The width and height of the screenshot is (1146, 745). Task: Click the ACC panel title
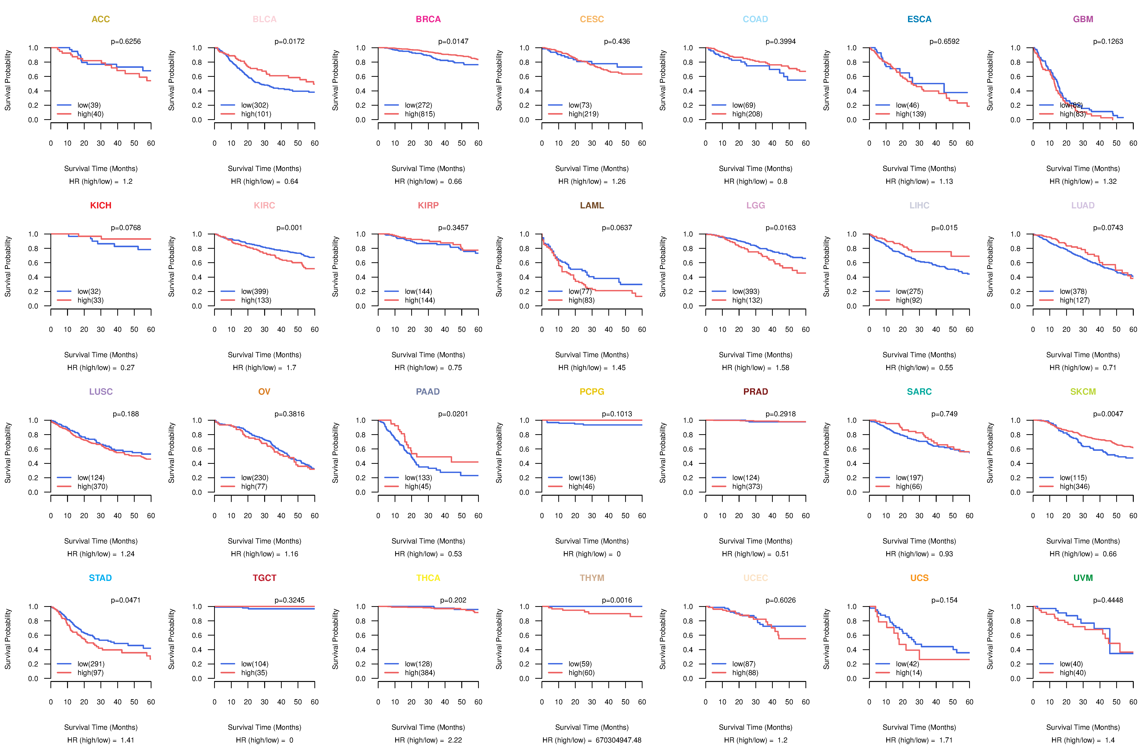click(101, 19)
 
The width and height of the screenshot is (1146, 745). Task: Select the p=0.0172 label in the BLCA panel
click(289, 41)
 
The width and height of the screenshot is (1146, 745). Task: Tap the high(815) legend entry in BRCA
click(419, 114)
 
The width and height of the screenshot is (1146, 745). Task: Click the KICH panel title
click(101, 206)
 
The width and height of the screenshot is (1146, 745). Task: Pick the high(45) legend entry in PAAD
click(418, 486)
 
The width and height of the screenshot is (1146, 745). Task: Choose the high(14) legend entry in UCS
click(909, 673)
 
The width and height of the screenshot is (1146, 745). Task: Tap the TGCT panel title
click(264, 578)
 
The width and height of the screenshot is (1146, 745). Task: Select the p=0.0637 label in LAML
click(617, 228)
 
